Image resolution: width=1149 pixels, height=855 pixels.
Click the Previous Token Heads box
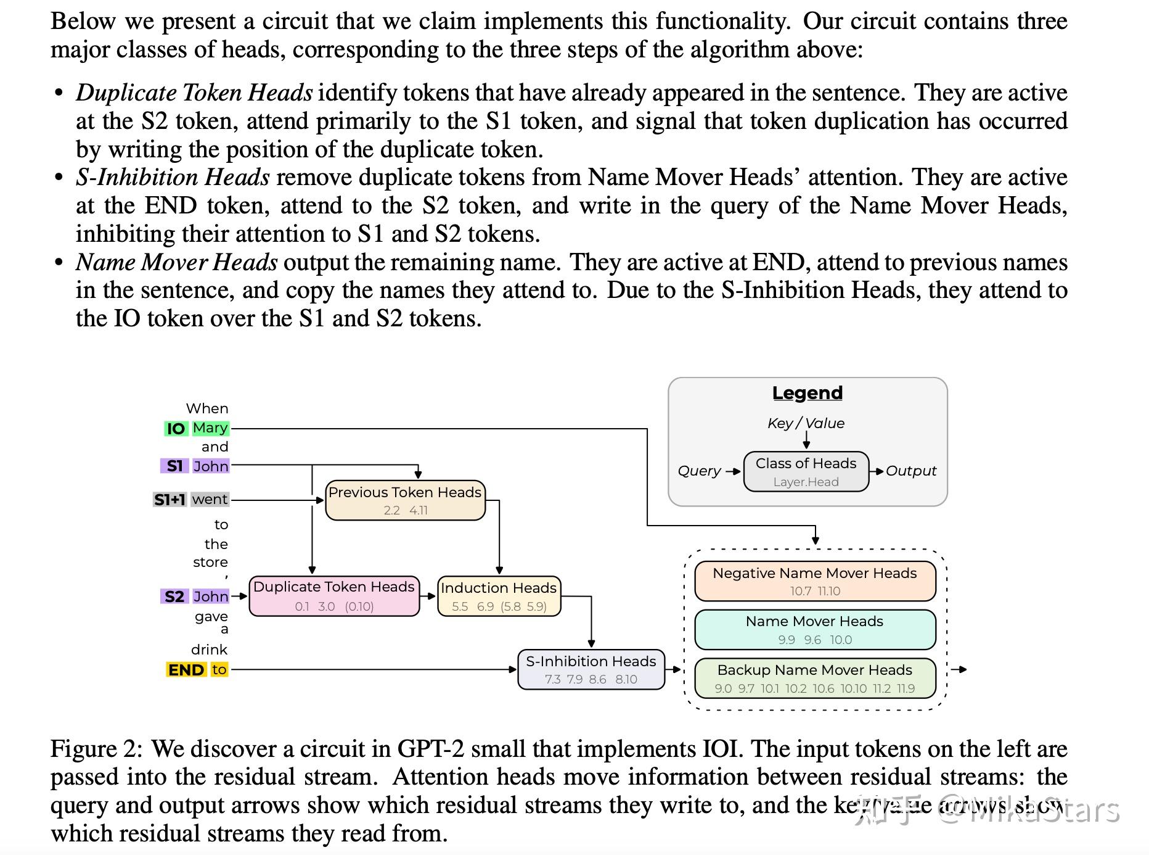405,500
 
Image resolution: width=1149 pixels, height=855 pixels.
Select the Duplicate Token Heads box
334,596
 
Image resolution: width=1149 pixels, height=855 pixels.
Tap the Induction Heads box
499,597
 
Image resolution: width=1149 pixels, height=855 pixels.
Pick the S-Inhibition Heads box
591,669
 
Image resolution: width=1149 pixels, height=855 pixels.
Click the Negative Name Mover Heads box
814,581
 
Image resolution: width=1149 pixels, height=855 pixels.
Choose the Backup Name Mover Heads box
814,678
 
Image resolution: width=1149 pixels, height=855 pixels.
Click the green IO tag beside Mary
176,429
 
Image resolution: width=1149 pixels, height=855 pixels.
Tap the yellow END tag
186,670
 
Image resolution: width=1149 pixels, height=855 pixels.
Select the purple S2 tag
174,597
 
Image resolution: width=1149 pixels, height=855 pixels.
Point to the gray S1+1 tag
170,500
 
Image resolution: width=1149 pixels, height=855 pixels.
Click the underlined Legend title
807,393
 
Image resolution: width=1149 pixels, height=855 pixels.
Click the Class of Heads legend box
806,471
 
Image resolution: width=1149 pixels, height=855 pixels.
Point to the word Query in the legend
698,471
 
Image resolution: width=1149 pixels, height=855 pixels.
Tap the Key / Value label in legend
806,423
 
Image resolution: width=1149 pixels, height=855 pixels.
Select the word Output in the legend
910,471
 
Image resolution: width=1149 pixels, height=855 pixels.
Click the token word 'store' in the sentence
210,563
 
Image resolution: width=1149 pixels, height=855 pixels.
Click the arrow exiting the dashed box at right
959,669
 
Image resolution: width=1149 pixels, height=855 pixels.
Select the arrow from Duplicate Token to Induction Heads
428,597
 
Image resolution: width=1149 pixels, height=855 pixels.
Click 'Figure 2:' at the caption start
96,749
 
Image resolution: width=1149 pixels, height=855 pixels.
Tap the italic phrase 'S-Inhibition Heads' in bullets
173,178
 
